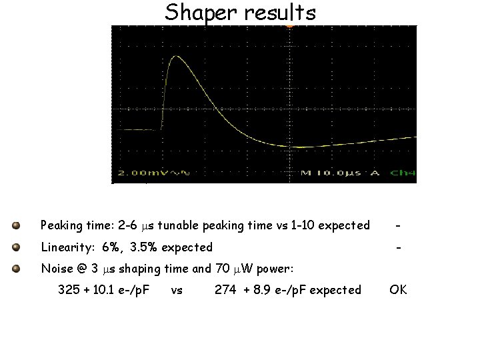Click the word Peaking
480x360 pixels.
63,225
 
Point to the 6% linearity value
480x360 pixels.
112,247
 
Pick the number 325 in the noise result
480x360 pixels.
68,290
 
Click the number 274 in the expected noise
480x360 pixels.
225,290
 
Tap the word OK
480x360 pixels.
398,290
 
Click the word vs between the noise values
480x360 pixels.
177,290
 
